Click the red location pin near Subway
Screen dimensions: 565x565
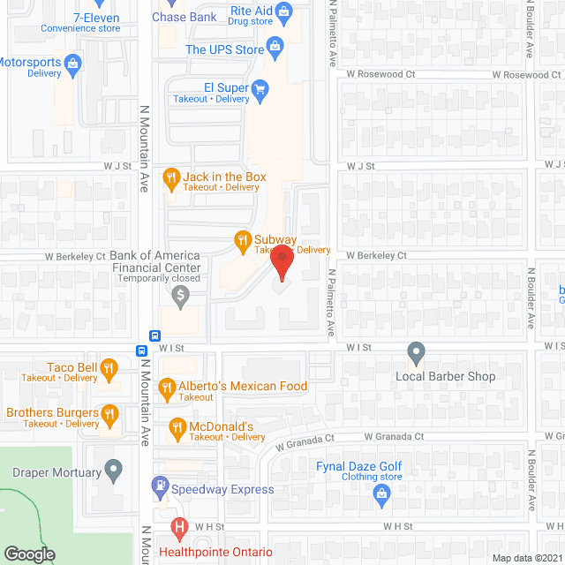[281, 262]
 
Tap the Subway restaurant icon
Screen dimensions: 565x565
[241, 239]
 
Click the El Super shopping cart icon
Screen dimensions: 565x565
[260, 88]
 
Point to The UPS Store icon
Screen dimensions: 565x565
[275, 45]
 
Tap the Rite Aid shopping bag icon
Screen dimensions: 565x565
[283, 11]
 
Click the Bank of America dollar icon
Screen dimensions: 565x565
[181, 294]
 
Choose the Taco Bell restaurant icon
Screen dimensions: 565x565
[109, 367]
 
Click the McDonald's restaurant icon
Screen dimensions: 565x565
[176, 429]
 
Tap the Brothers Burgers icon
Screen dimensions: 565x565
[109, 412]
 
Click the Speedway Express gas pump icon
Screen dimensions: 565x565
[159, 485]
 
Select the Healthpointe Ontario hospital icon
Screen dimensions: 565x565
[179, 529]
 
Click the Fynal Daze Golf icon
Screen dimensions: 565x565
[381, 491]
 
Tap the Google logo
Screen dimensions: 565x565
[28, 554]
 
